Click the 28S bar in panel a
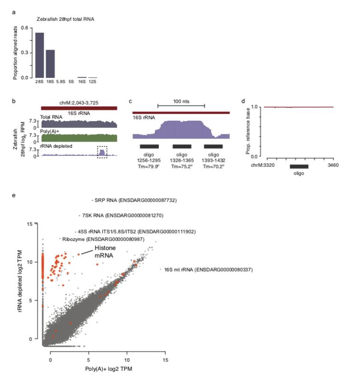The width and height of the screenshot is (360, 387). (39, 55)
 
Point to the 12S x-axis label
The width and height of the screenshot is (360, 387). (93, 82)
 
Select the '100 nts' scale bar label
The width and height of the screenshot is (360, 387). (180, 101)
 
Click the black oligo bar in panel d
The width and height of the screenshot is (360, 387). (299, 166)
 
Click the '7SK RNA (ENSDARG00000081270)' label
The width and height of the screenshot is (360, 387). (123, 215)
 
